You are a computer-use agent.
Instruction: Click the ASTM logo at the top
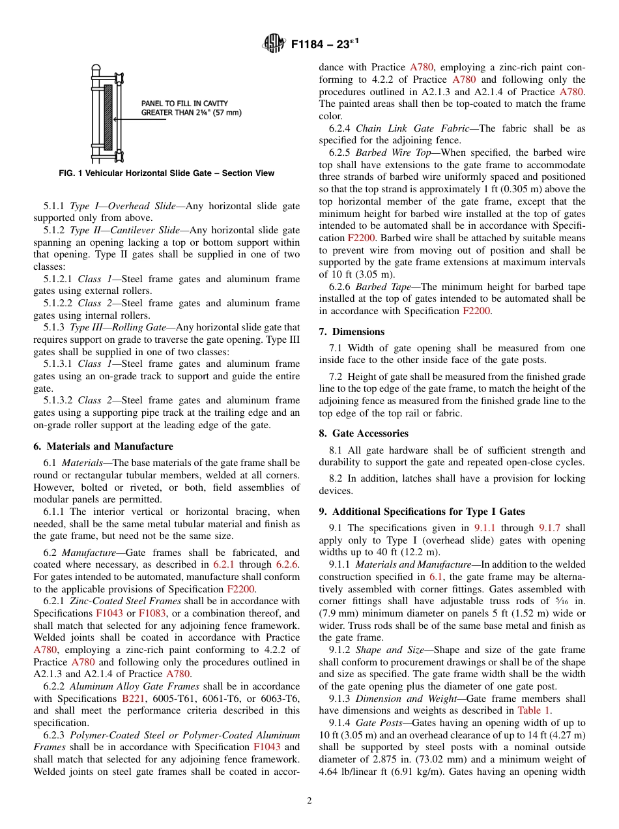pos(274,44)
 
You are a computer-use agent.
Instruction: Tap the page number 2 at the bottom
pos(309,801)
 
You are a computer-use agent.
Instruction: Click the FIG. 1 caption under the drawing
pos(166,173)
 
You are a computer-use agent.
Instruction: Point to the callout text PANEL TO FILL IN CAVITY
pos(184,104)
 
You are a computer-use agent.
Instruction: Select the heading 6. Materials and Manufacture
pos(103,446)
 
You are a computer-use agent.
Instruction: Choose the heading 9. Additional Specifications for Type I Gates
pos(422,512)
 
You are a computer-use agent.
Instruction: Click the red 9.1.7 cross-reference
pos(552,528)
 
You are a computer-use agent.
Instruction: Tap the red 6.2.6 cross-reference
pos(287,564)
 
